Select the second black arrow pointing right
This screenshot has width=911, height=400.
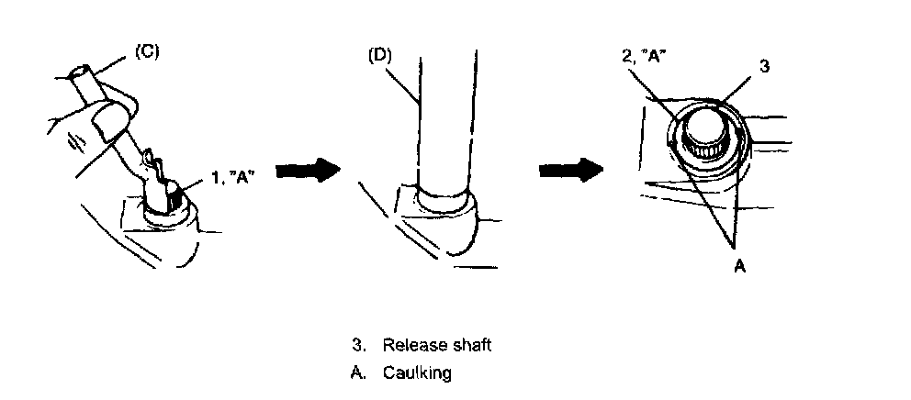(569, 171)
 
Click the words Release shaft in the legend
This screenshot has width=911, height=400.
(437, 346)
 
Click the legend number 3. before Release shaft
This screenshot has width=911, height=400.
(357, 346)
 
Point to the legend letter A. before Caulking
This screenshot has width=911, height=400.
(357, 373)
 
